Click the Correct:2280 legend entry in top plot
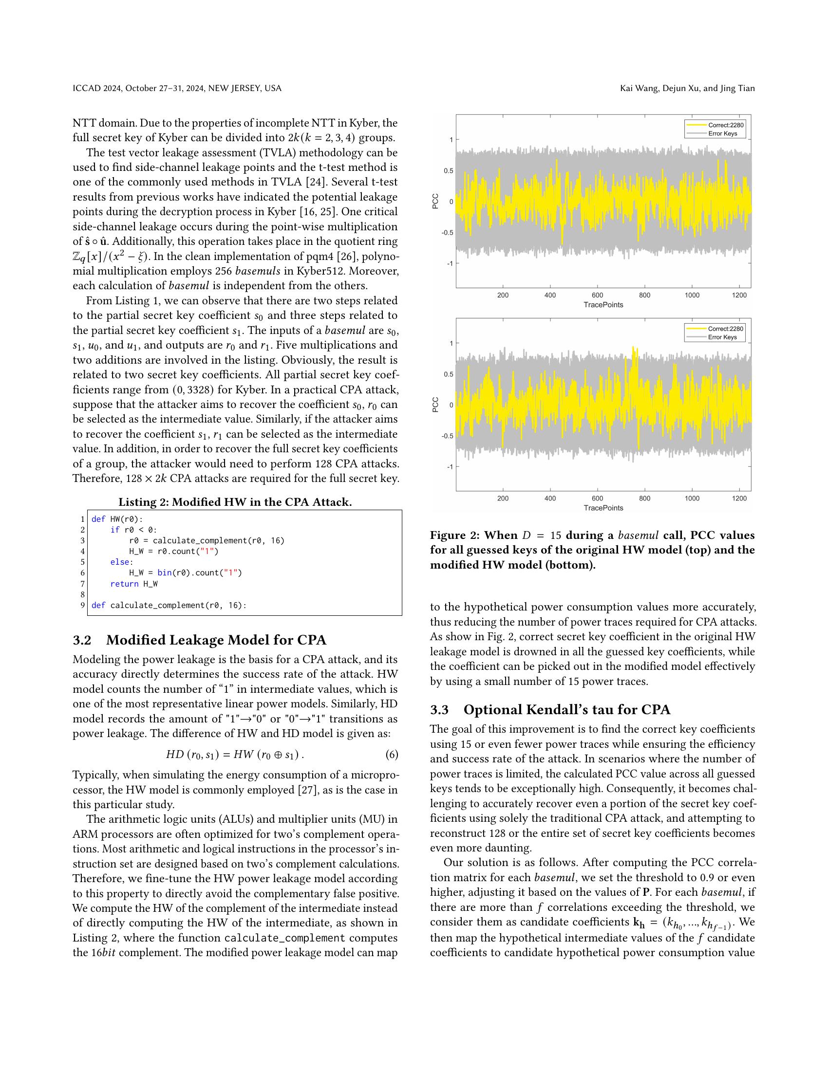click(726, 125)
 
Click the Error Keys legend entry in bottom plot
click(722, 337)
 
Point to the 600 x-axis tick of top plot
click(597, 295)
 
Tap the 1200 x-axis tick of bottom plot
click(739, 498)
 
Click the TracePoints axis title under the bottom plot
click(603, 508)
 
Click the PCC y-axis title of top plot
click(435, 201)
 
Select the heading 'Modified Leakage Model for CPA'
click(216, 641)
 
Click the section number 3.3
click(439, 710)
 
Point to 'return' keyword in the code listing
click(124, 584)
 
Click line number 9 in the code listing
click(82, 605)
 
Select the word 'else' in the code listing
click(120, 562)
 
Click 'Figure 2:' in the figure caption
click(453, 535)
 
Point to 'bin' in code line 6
click(164, 573)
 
